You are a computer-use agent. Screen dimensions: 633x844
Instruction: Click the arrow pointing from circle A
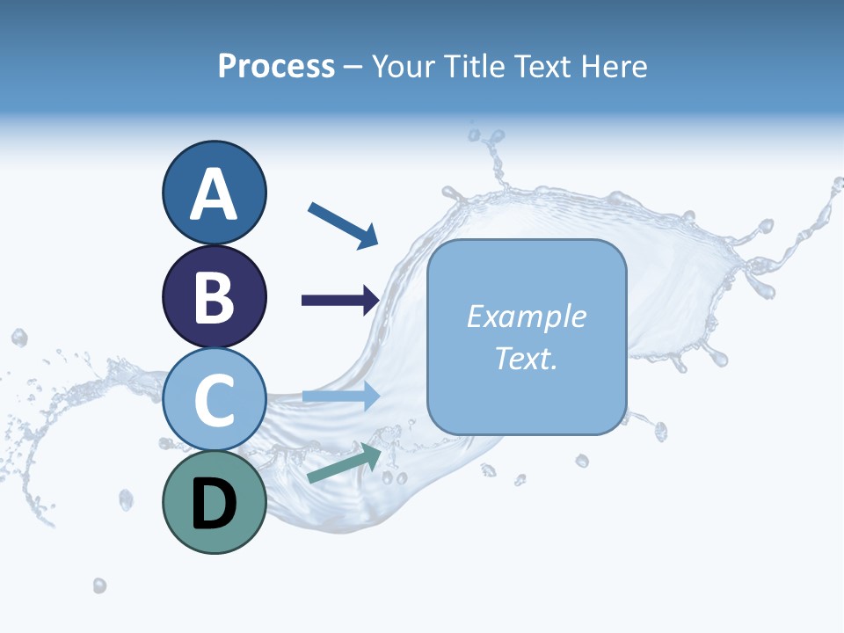tap(343, 224)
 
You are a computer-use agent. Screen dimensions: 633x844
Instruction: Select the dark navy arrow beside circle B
tap(340, 301)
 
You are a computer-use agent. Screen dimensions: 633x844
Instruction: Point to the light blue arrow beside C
tap(340, 397)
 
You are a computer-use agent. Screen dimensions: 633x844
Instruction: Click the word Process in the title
tap(276, 66)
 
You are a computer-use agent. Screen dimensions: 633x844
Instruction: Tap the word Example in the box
tap(526, 316)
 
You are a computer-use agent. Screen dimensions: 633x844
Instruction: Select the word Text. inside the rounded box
tap(526, 358)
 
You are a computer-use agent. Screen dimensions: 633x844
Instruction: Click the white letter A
tap(215, 194)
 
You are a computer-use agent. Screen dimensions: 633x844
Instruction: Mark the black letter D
tap(215, 505)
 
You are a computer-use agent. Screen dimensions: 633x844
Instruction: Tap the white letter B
tap(215, 297)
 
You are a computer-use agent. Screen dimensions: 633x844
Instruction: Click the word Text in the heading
tap(542, 66)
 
